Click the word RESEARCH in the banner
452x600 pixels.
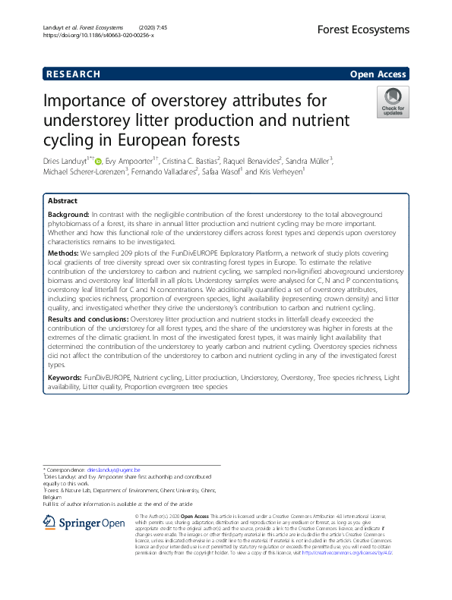(73, 74)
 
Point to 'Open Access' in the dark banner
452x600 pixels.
(378, 74)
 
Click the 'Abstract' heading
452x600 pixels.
(62, 201)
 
